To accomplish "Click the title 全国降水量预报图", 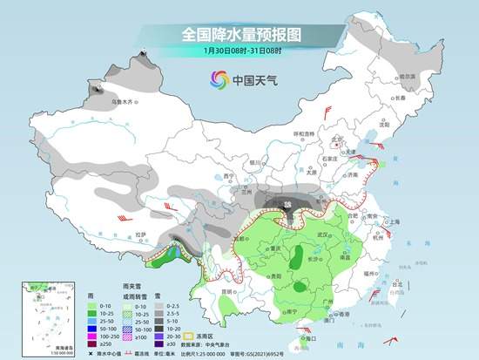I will pyautogui.click(x=239, y=35).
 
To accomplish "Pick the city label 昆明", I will pyautogui.click(x=229, y=289).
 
